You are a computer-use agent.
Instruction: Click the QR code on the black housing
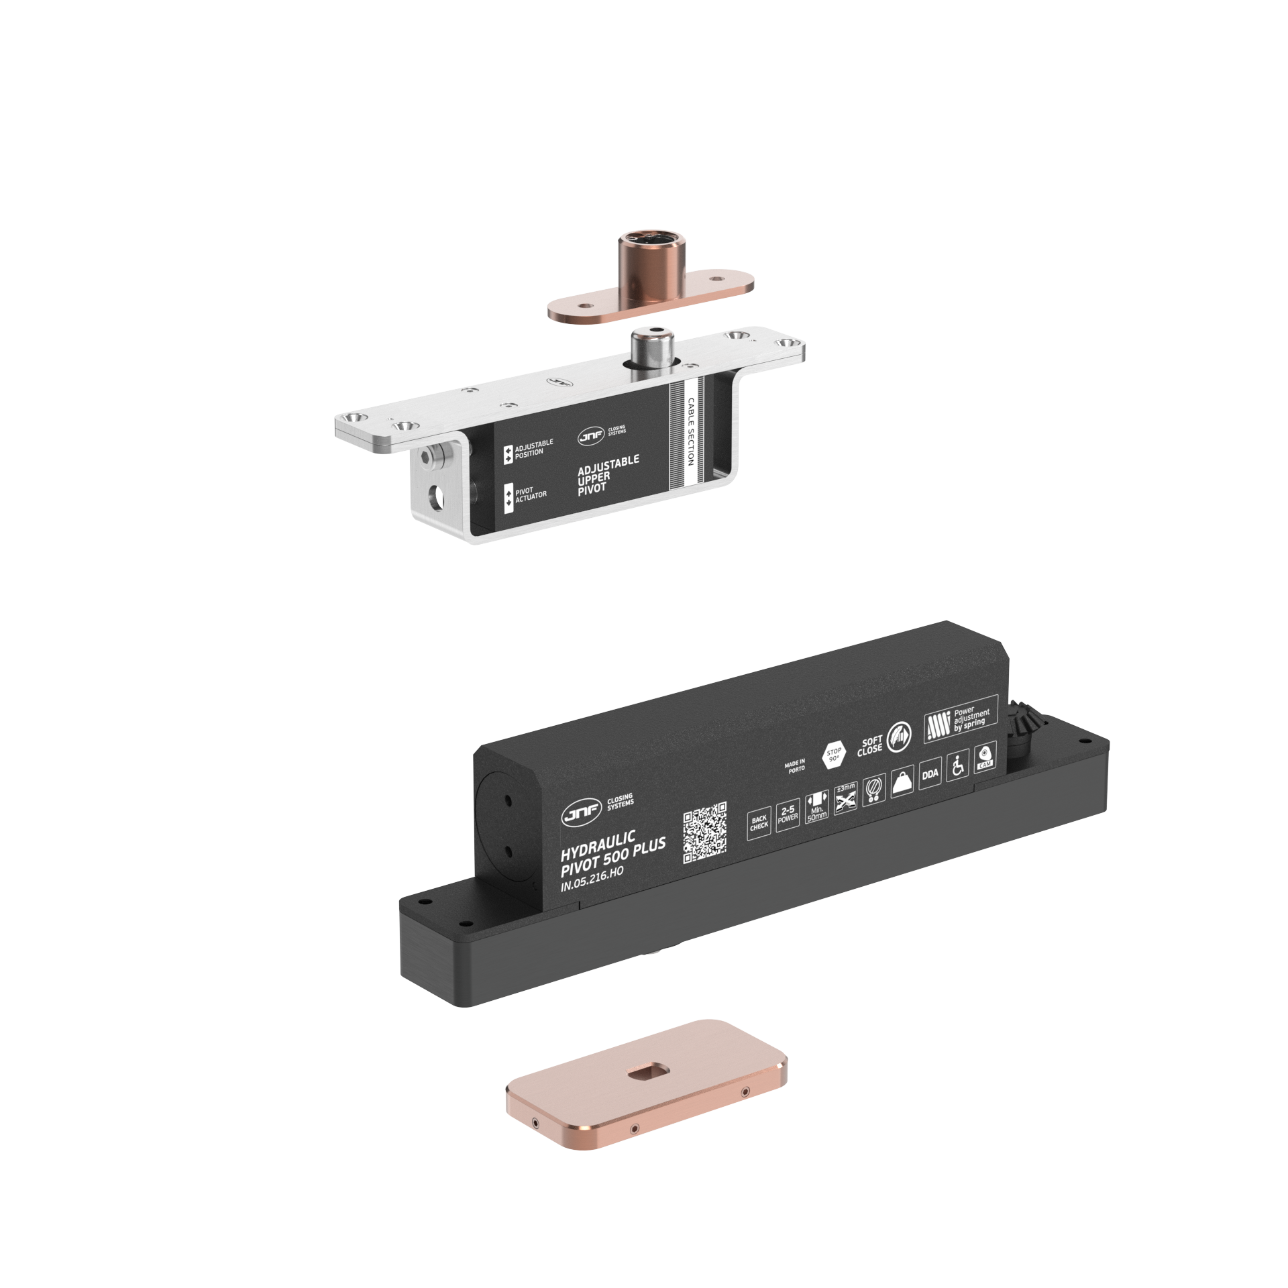704,833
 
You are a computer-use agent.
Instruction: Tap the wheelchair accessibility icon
957,767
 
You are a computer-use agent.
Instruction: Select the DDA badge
930,774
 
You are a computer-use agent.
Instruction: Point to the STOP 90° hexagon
834,755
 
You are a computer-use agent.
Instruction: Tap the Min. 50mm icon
816,806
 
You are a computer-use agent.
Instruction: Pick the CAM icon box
984,756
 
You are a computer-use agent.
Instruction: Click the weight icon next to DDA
902,782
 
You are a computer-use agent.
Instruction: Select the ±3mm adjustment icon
845,798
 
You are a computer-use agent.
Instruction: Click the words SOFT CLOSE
870,746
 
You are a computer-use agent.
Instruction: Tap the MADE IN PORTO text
795,766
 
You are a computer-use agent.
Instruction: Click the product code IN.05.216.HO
592,879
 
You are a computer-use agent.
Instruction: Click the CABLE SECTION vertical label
691,431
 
